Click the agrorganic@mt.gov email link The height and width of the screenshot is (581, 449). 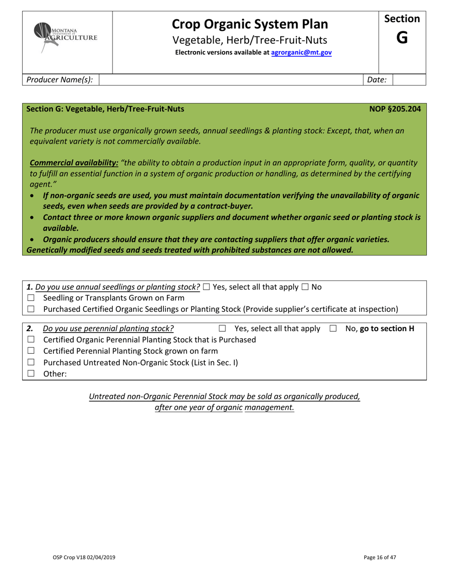[x=301, y=53]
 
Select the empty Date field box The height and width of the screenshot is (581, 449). [x=409, y=80]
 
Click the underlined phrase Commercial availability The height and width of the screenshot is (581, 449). [x=74, y=162]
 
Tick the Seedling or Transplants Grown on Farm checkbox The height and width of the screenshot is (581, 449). [x=31, y=298]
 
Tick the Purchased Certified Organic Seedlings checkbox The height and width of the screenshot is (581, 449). [x=31, y=309]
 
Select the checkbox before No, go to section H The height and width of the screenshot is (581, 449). [x=333, y=328]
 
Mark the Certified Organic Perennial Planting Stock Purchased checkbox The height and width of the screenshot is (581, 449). [x=31, y=339]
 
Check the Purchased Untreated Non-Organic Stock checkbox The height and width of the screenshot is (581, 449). [x=31, y=362]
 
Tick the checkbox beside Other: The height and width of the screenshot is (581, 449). [x=31, y=374]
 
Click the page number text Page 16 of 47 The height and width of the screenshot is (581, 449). [x=380, y=557]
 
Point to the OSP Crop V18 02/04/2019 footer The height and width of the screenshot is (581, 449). [x=84, y=557]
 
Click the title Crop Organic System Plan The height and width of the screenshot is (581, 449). [x=250, y=24]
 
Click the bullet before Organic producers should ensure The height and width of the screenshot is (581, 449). [x=32, y=239]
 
